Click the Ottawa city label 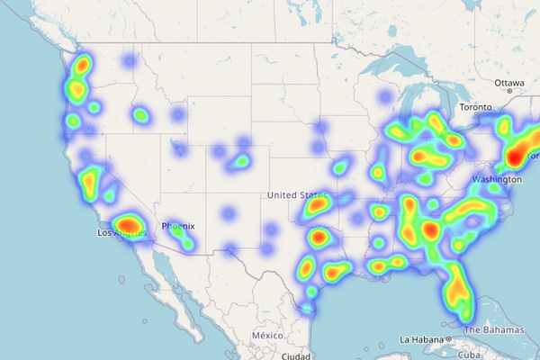[x=508, y=83]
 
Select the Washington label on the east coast [x=495, y=179]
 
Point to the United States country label [x=298, y=194]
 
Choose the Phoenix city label [x=177, y=226]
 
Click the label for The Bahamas [x=493, y=330]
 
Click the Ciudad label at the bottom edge [x=296, y=355]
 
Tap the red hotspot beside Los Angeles [x=129, y=224]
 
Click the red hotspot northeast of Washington [x=515, y=157]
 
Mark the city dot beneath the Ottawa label [x=509, y=92]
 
